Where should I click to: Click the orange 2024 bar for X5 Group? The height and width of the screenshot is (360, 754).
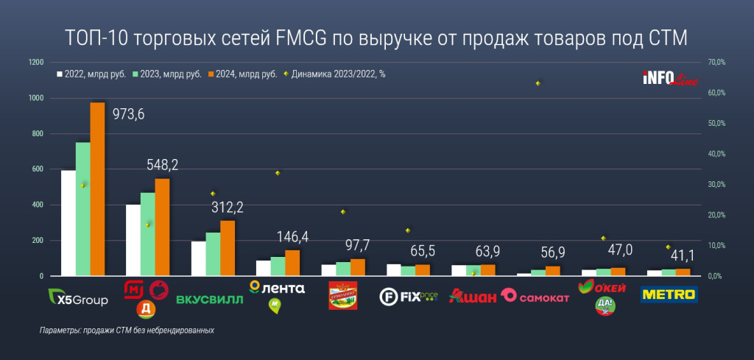point(97,189)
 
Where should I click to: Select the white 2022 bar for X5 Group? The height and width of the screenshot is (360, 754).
point(68,223)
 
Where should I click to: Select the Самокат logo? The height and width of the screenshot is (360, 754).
point(535,297)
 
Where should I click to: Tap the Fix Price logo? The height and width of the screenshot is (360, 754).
point(408,297)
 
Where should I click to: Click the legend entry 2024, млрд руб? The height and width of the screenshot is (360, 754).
point(245,74)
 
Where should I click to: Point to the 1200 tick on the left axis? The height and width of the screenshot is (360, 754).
point(36,63)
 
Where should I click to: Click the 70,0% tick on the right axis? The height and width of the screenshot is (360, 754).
point(716,63)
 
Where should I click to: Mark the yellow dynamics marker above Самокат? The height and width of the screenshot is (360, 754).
point(538,83)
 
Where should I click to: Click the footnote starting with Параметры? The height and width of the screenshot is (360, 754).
point(127,331)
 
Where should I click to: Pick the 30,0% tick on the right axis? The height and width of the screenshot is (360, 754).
point(716,185)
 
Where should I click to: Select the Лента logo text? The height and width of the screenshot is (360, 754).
point(284,288)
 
